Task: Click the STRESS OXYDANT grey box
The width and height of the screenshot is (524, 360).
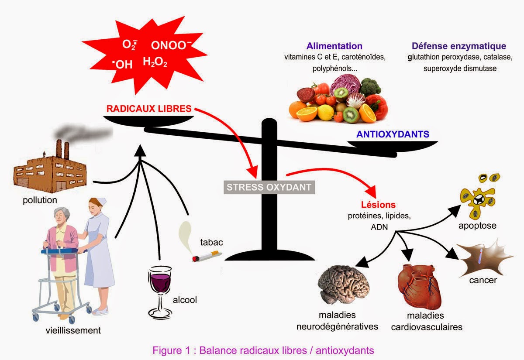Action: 269,188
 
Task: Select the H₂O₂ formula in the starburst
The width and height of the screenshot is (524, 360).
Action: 155,62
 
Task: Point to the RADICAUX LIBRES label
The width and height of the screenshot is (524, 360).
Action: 148,108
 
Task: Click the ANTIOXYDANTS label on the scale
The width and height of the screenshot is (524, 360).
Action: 393,134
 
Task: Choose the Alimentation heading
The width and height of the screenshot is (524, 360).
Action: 334,46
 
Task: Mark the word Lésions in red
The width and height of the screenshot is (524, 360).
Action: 378,205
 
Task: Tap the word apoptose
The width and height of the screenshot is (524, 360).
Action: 477,226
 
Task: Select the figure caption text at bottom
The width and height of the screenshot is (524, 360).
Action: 263,350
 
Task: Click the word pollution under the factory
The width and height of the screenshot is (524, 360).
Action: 41,200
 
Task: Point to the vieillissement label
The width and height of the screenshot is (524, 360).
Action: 73,330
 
